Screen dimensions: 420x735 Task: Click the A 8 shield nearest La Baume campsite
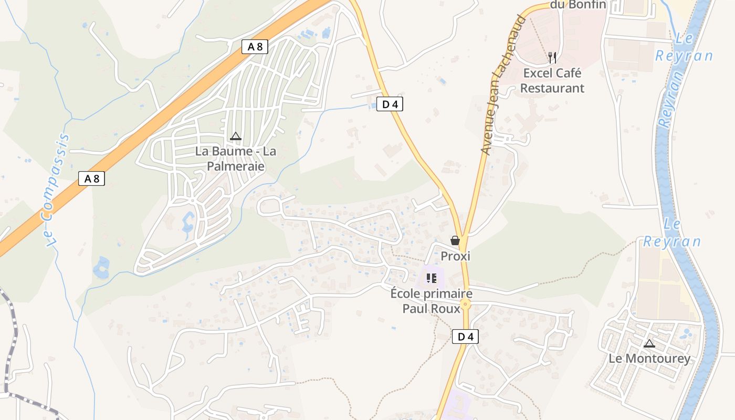point(255,47)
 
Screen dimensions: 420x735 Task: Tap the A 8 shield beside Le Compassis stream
point(92,178)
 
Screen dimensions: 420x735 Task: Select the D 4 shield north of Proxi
point(390,104)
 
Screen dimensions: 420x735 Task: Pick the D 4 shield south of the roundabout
point(465,337)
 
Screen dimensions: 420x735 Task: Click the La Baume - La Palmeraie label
point(235,159)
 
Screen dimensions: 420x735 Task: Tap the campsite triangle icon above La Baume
point(236,136)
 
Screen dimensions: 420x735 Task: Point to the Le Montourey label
point(649,359)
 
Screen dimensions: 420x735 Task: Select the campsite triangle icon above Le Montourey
point(649,344)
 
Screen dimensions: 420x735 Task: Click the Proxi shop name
point(455,256)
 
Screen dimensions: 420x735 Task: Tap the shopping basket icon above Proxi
point(455,240)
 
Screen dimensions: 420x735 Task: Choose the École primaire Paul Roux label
point(431,301)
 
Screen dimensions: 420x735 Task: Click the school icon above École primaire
point(432,278)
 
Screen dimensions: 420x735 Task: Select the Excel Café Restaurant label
point(552,80)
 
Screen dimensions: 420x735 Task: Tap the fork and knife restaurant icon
point(552,57)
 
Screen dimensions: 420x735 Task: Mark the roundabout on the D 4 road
point(465,304)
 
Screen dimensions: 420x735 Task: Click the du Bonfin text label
point(578,5)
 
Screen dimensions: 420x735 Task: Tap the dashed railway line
point(9,336)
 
